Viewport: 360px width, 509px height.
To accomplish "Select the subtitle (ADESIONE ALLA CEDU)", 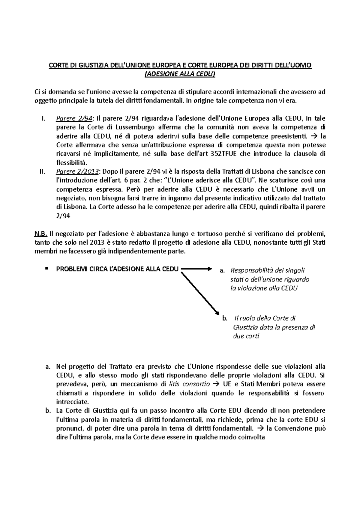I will (x=180, y=74).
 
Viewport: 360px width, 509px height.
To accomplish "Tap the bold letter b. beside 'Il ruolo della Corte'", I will (x=225, y=319).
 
